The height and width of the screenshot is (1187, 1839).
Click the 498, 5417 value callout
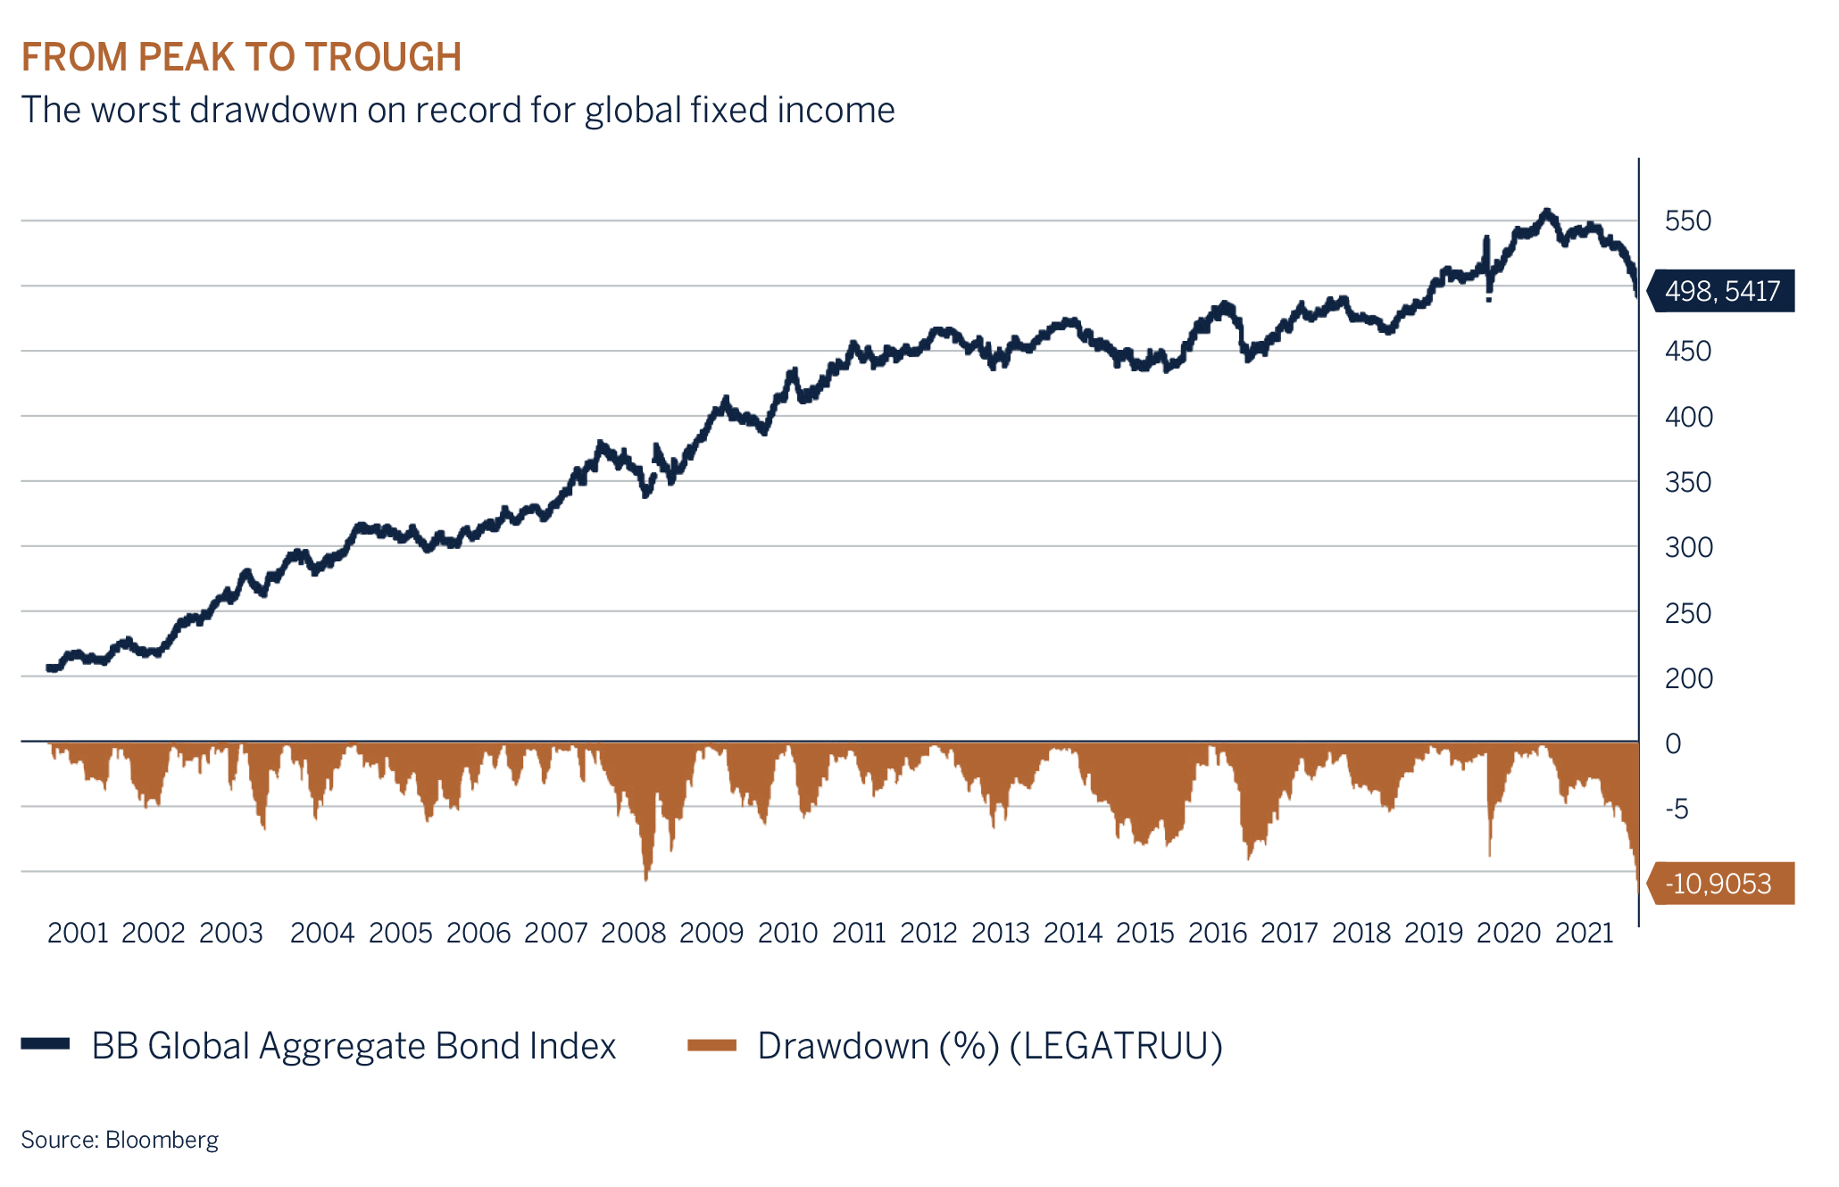1721,291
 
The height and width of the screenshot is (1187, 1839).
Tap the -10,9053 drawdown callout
1721,884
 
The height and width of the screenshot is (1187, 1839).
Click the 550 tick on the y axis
1687,220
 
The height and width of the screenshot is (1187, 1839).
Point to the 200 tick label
1687,678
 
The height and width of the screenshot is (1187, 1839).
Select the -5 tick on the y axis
1677,809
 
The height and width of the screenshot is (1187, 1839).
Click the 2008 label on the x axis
633,933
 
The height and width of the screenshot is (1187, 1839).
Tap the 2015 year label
1145,933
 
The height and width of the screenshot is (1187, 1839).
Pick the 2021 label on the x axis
1585,933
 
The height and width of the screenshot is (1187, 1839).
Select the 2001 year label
78,933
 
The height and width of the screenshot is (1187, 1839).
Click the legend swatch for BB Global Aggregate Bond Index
46,1043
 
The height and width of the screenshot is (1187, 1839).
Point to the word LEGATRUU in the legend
1115,1045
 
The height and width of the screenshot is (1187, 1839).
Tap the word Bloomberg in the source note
162,1140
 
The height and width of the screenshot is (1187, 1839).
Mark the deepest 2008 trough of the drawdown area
646,878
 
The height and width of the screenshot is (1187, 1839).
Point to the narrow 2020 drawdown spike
1489,852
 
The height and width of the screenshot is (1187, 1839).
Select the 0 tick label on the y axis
1673,743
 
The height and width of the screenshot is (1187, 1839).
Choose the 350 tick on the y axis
1687,482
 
